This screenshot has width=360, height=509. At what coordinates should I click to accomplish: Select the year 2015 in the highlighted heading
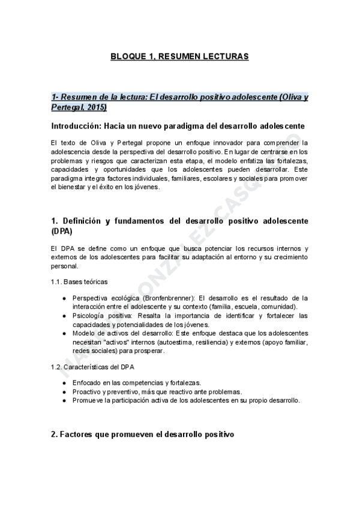(95, 107)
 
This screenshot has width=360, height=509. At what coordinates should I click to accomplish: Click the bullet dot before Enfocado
(64, 382)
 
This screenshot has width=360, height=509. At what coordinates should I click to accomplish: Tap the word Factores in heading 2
(79, 433)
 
